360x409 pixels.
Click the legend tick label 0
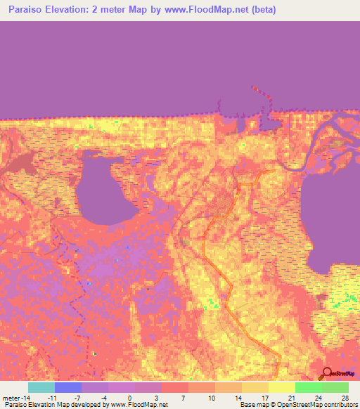130,398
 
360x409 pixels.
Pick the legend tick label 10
211,398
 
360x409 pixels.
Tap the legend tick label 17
265,398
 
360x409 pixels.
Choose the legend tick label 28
345,398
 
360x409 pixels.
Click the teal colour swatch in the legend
41,387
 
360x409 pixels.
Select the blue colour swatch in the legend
68,387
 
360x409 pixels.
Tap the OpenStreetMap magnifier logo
326,375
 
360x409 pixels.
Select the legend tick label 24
318,398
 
